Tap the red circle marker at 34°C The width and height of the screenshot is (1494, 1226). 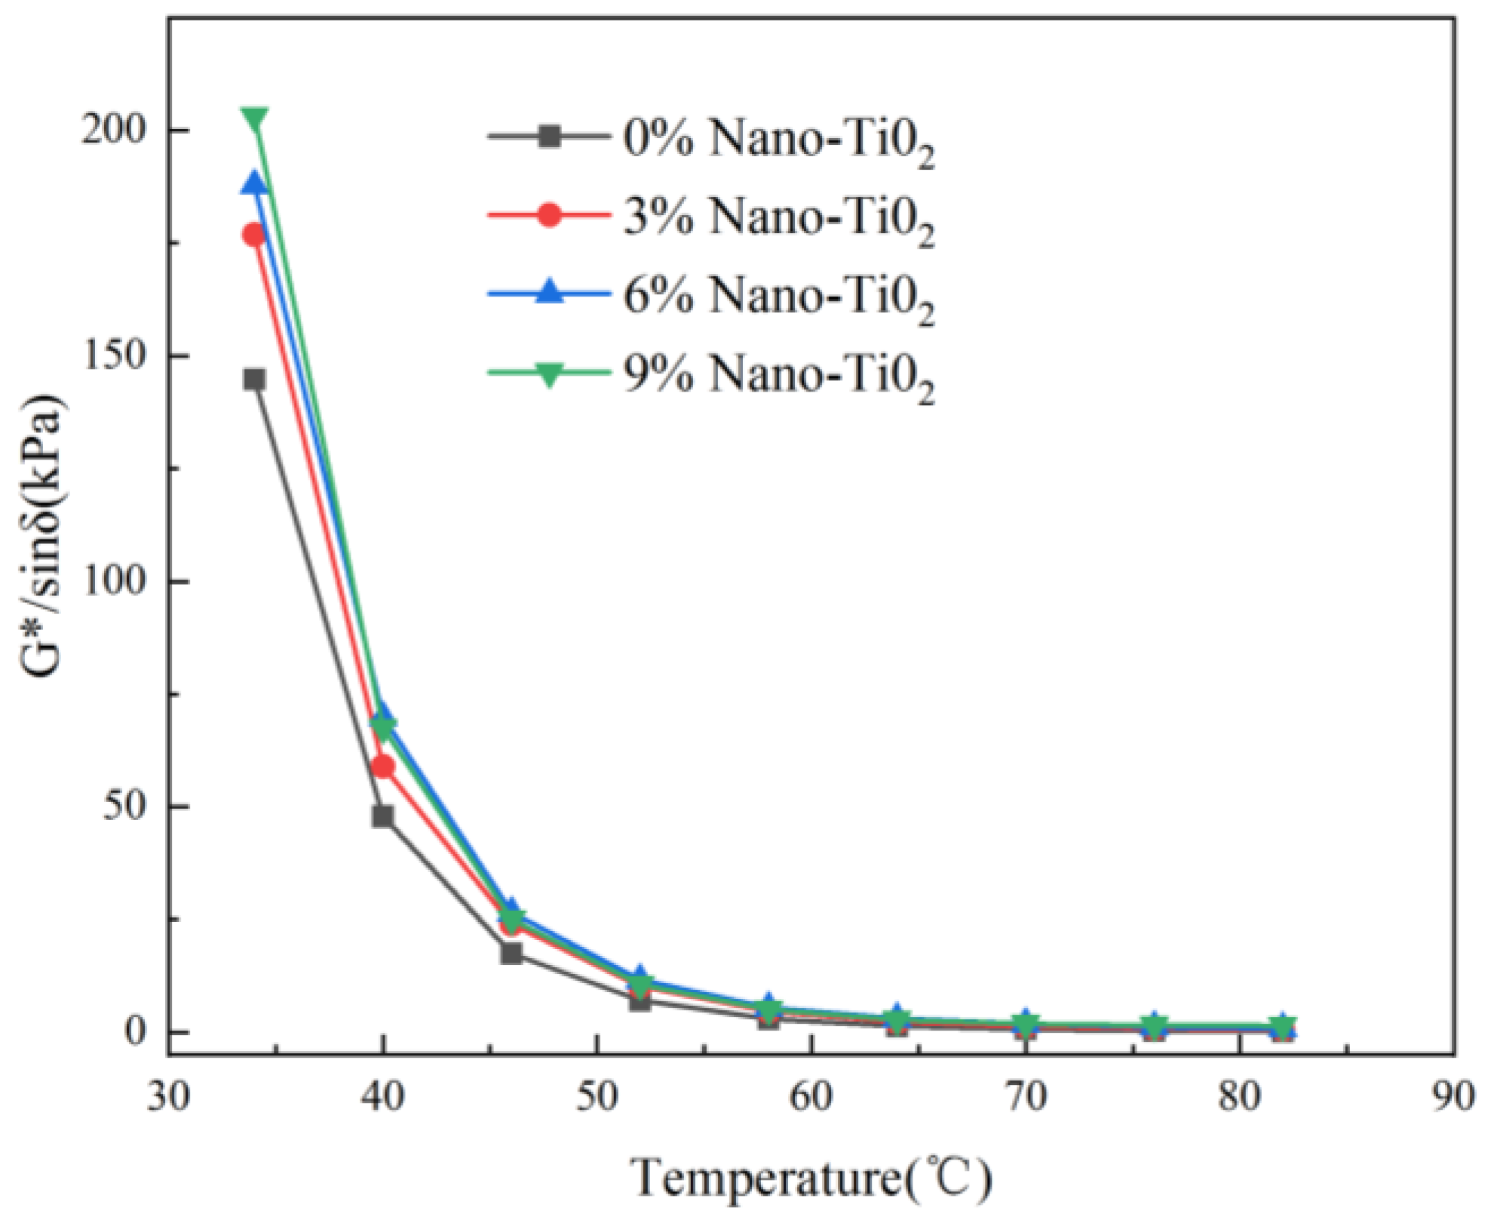point(255,235)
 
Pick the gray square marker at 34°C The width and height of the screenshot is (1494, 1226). point(255,379)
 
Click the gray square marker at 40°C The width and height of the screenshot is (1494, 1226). point(383,816)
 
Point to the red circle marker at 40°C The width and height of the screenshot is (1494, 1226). point(383,767)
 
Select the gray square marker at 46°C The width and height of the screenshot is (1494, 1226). point(511,954)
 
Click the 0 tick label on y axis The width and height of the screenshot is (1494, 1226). point(134,1031)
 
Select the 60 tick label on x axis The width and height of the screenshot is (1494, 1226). point(811,1096)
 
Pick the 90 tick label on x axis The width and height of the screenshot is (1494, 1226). point(1453,1096)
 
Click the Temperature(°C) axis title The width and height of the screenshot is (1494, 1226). point(811,1178)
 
